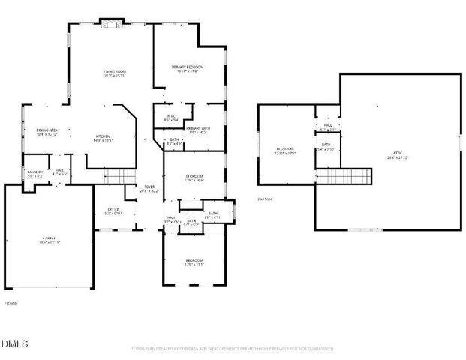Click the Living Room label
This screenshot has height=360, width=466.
coord(113,73)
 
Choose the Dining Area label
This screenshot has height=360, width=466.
coord(47,133)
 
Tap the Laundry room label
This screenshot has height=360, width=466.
coord(35,173)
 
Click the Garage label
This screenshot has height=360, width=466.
coord(50,240)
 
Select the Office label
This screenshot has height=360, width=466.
coord(113,211)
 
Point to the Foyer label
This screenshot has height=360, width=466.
coord(149,189)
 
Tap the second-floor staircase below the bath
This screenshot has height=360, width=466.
coord(344,177)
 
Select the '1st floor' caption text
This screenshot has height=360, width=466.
coord(11,304)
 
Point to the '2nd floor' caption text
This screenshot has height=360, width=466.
coord(264,199)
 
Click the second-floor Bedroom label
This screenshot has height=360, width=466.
coord(285,151)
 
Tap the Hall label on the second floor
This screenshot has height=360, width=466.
coord(328,127)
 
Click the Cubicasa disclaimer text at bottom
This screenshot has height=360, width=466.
coord(233,349)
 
